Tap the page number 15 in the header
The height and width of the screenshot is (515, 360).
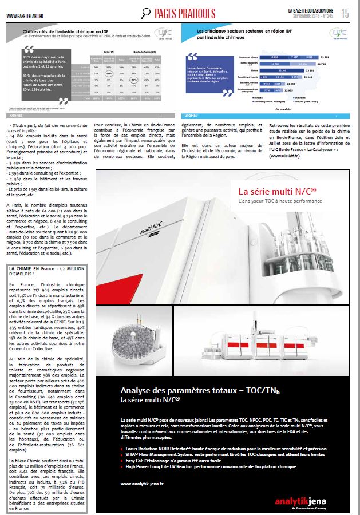[x=346, y=13]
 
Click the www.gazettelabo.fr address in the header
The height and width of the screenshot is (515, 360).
[x=27, y=15]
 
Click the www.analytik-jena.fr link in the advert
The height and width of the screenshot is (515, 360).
[x=143, y=483]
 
